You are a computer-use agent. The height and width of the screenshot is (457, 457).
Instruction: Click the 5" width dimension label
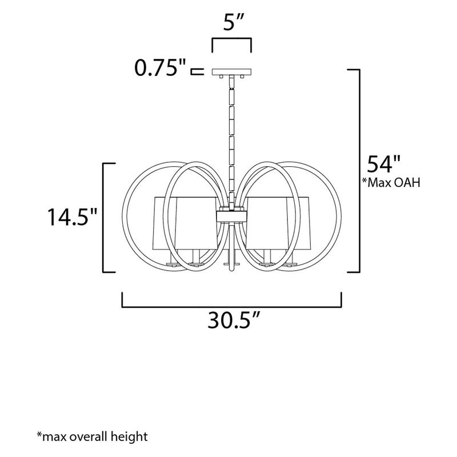(x=231, y=25)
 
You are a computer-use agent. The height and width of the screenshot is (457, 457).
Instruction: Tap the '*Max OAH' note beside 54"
(x=391, y=183)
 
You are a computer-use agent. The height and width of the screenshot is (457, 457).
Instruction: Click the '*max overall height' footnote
(x=93, y=437)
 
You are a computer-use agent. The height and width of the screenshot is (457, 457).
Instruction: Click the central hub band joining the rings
(x=231, y=214)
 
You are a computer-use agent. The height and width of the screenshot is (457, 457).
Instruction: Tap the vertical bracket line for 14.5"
(x=103, y=217)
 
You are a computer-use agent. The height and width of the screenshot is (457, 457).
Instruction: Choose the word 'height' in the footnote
(x=129, y=437)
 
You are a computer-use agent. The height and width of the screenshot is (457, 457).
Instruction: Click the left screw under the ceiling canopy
(x=220, y=77)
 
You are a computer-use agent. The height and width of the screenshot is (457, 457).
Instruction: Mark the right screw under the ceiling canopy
(x=243, y=77)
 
